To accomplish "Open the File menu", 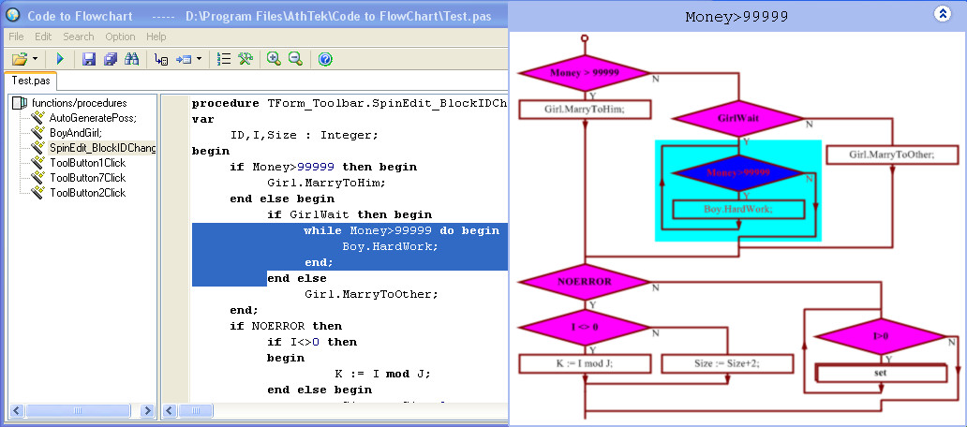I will [16, 37].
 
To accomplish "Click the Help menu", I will [156, 37].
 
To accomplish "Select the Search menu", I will [79, 37].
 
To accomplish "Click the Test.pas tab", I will [31, 81].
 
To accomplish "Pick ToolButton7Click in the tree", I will [87, 178].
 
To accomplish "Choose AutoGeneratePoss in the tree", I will [92, 118].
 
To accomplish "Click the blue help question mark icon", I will [325, 59].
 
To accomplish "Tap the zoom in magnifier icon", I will [274, 59].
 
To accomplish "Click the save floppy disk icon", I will [89, 59].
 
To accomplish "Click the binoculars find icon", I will [132, 59].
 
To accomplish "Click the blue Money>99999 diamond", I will [739, 173].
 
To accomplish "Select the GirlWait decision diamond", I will [738, 119].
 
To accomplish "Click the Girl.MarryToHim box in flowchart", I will [585, 109].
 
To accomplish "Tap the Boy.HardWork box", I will [738, 209].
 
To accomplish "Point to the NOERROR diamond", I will [585, 281].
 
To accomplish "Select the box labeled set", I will [881, 373].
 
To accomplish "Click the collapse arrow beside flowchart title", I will [943, 14].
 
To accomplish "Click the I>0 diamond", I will [881, 335].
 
